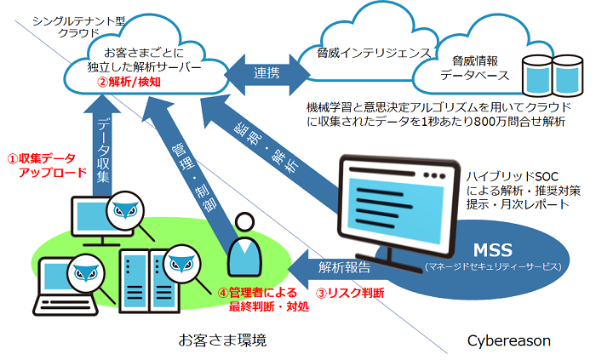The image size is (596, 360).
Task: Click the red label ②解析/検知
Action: [x=129, y=83]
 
